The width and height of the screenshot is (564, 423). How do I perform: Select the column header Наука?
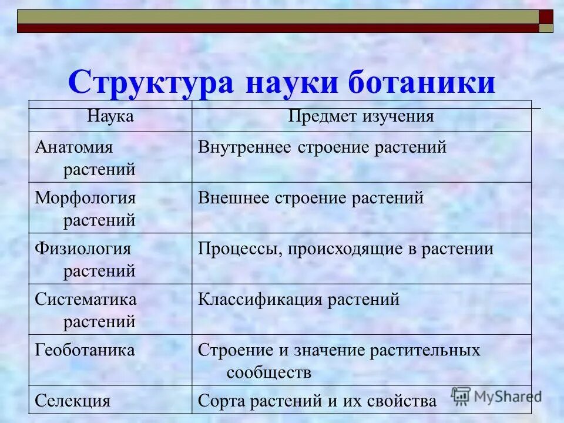[110, 116]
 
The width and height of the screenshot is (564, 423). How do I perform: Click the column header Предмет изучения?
[361, 116]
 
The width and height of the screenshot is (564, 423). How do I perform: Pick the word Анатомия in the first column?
[73, 146]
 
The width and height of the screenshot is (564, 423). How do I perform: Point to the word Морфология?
[85, 197]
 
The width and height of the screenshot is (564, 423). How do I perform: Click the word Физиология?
[83, 249]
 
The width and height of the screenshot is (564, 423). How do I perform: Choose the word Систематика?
[86, 299]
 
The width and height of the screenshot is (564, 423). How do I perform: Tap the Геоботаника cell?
[85, 350]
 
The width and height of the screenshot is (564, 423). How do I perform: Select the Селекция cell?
[73, 401]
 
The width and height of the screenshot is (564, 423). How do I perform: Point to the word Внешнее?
[233, 198]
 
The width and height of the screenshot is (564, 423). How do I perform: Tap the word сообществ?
[268, 372]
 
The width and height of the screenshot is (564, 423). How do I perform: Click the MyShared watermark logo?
[496, 395]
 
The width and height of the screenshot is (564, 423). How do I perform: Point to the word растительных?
[425, 351]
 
